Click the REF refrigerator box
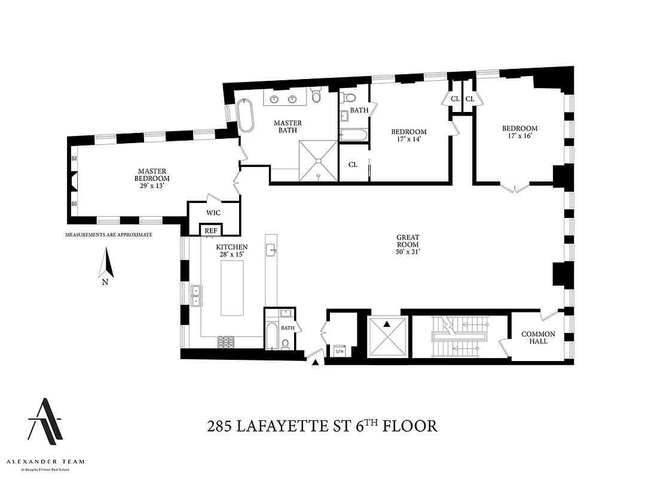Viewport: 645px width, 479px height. click(x=210, y=231)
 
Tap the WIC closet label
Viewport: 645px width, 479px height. click(x=213, y=213)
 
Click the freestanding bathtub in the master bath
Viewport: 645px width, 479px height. click(x=246, y=116)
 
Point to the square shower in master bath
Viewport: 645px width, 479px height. click(x=319, y=160)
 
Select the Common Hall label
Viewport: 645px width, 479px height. click(x=538, y=338)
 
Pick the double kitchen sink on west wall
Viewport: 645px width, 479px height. click(x=195, y=296)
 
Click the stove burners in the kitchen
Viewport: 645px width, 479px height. click(x=226, y=341)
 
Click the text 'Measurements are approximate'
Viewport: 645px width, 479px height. click(x=108, y=235)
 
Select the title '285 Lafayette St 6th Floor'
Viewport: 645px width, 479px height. click(x=322, y=426)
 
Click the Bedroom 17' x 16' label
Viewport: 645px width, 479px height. click(x=519, y=132)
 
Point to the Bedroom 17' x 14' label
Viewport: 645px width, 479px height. click(x=409, y=135)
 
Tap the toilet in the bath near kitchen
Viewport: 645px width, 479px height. click(x=285, y=344)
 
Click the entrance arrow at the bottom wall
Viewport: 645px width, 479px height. click(x=315, y=361)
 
